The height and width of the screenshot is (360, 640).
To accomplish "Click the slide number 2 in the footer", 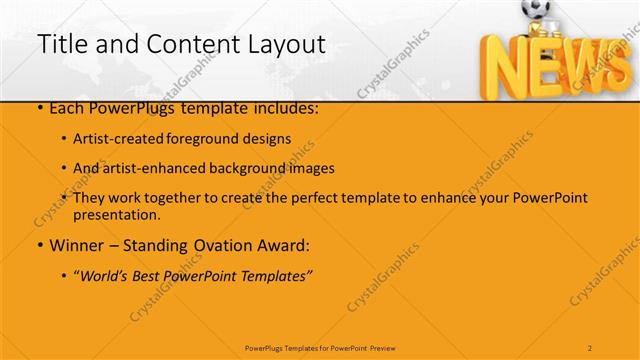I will click(590, 347).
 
